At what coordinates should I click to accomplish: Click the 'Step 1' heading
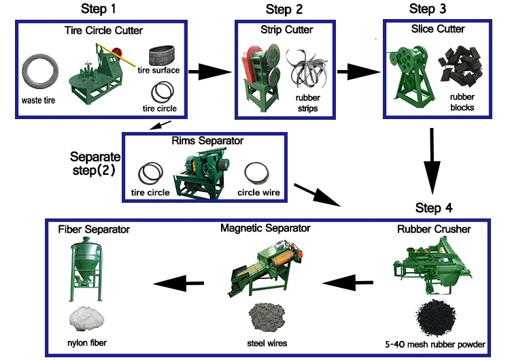[x=97, y=10]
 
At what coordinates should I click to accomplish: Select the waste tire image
[x=41, y=72]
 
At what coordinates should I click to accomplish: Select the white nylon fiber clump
[x=87, y=318]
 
